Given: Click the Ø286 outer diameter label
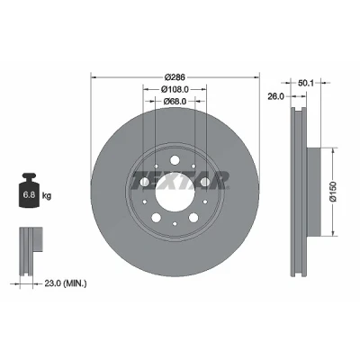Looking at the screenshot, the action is pyautogui.click(x=175, y=77).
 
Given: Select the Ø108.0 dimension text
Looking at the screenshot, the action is pyautogui.click(x=175, y=89).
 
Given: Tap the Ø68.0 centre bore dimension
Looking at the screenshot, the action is pyautogui.click(x=175, y=102).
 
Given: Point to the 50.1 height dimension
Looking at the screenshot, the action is pyautogui.click(x=306, y=83).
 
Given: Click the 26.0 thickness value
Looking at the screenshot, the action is pyautogui.click(x=275, y=96).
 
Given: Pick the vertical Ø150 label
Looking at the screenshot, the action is pyautogui.click(x=334, y=192).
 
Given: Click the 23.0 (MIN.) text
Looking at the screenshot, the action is pyautogui.click(x=66, y=283).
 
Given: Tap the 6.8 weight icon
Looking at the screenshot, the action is pyautogui.click(x=29, y=190).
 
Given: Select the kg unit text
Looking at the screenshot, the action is pyautogui.click(x=47, y=196).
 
